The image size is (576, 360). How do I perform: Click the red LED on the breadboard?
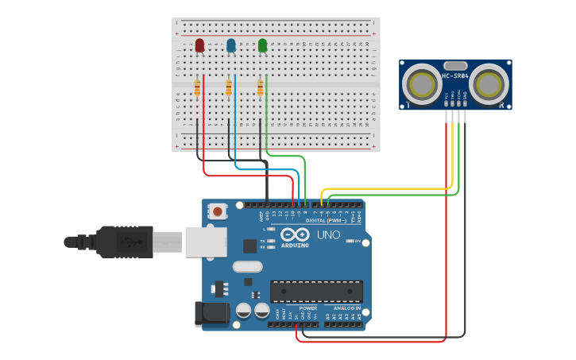[199, 45]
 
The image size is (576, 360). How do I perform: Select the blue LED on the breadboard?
[231, 45]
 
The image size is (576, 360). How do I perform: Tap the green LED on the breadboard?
[263, 45]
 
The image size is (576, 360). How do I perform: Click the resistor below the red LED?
[197, 88]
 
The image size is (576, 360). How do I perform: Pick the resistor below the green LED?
[260, 87]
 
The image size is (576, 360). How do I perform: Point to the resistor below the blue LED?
[229, 88]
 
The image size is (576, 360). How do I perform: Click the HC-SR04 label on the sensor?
[455, 76]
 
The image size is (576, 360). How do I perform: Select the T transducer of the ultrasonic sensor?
[420, 83]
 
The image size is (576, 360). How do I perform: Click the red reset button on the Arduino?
[217, 211]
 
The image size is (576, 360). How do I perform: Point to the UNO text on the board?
[329, 236]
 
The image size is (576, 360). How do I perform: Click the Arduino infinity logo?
[295, 235]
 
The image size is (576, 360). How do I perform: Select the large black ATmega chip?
[316, 291]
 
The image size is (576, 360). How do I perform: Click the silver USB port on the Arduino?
[205, 242]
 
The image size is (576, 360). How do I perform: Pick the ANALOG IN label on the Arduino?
[346, 308]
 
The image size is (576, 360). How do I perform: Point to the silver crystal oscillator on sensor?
[455, 65]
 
